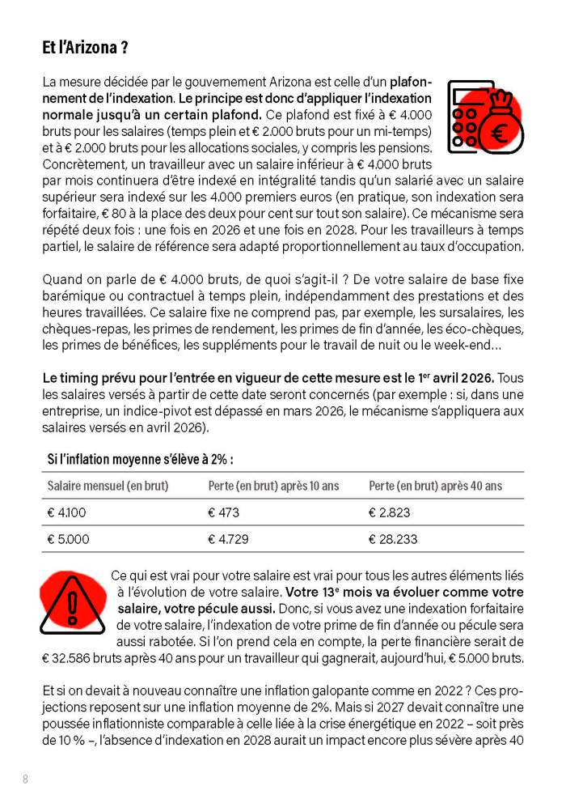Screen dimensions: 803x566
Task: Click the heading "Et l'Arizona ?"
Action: [x=85, y=48]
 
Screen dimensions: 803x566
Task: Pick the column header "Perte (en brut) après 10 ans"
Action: [x=273, y=486]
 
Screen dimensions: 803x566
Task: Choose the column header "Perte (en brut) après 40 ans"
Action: [x=435, y=486]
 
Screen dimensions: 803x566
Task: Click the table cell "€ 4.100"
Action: [x=66, y=512]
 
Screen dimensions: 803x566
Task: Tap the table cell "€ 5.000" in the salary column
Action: [x=68, y=539]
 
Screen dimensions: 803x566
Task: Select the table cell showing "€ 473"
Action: [x=223, y=512]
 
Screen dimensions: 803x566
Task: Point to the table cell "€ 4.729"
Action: [x=227, y=539]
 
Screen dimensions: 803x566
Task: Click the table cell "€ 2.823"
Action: [x=389, y=512]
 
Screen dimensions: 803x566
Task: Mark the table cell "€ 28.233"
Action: [x=392, y=539]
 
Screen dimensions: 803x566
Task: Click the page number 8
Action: [x=26, y=779]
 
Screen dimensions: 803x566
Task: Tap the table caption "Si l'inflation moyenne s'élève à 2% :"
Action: [x=140, y=459]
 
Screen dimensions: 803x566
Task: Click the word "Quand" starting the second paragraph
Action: [x=62, y=280]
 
